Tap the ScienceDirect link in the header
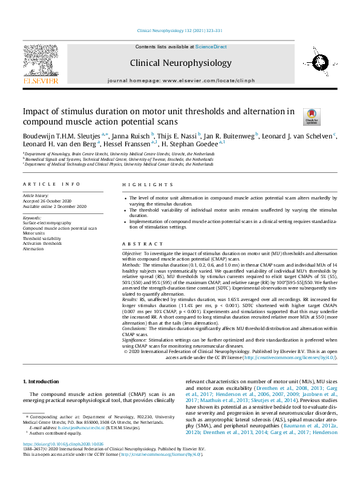click(211, 46)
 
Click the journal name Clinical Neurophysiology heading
click(180, 63)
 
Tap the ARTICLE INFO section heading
click(51, 184)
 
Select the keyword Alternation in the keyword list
click(33, 248)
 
